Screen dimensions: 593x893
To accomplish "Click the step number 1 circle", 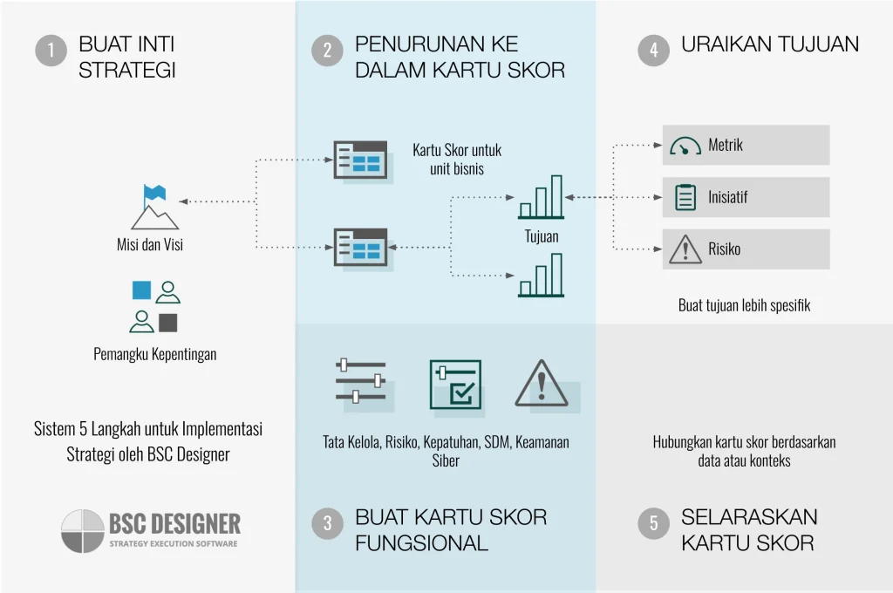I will pos(51,51).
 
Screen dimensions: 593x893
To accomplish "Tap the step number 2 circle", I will pos(327,51).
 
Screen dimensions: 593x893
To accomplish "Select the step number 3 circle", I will pos(327,523).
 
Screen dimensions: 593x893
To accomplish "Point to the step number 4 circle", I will pos(654,51).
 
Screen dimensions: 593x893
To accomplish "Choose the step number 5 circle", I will pos(654,523).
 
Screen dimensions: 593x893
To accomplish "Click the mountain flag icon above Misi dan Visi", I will pos(154,207).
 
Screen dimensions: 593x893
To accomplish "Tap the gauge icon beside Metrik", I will pos(685,146).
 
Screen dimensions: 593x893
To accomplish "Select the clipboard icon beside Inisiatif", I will pos(686,197).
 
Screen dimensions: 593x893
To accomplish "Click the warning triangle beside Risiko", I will pos(685,250).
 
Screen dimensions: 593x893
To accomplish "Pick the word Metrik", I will pos(726,146).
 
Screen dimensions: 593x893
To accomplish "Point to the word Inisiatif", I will pos(727,197).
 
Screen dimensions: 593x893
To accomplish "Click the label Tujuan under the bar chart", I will pos(542,236).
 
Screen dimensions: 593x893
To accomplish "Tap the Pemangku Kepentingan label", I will pos(155,354).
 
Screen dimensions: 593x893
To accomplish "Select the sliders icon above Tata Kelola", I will pos(360,380).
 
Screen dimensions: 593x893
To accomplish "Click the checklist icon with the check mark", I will pos(455,384).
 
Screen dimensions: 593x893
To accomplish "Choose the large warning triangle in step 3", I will pos(542,384).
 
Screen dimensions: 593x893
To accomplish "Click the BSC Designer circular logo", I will pos(83,531).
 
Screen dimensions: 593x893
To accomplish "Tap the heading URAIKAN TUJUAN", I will pos(769,44).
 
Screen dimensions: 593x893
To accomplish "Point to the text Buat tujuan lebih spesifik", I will pos(744,305).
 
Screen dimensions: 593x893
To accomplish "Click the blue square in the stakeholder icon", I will pos(141,290).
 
